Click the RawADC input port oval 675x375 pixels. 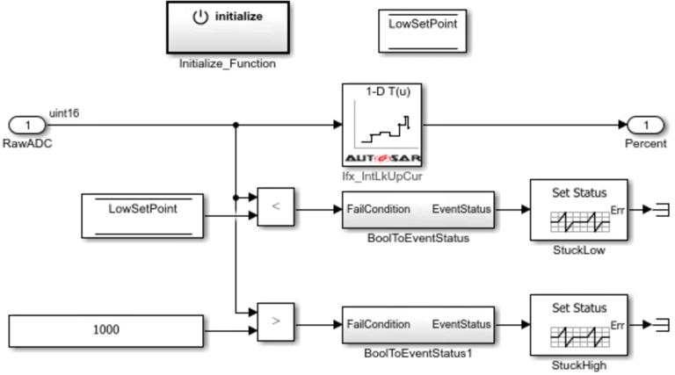tap(27, 125)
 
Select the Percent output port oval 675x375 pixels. tap(646, 125)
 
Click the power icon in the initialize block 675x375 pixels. tap(200, 17)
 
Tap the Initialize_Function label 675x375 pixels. tap(228, 63)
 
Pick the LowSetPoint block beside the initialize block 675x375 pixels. tap(422, 31)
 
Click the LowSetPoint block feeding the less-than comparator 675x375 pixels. tap(142, 216)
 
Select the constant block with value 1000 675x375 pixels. tap(105, 331)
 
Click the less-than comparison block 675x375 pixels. tap(276, 207)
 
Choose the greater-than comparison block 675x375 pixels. tap(276, 322)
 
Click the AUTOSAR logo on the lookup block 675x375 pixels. tap(382, 158)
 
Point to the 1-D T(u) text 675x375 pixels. tap(388, 91)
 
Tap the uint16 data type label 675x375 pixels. tap(64, 113)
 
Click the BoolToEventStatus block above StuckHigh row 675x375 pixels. tap(418, 210)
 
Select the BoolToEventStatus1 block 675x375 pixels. tap(418, 325)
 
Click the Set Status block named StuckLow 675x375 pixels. tap(579, 210)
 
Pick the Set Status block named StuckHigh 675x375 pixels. tap(579, 325)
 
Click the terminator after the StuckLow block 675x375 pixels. tap(662, 210)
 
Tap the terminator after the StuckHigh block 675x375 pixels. tap(662, 325)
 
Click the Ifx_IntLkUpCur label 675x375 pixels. tap(382, 177)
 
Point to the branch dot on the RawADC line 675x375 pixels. tap(236, 125)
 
